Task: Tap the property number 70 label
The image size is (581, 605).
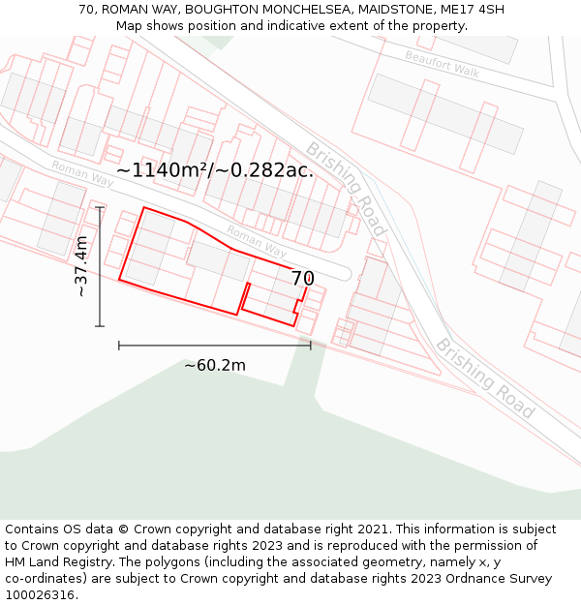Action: point(302,279)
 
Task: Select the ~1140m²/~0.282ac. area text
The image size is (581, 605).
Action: point(215,170)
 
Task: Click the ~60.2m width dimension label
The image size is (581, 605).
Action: point(215,365)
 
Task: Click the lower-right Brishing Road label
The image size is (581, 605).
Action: point(484,378)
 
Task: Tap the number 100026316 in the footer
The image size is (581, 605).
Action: point(42,594)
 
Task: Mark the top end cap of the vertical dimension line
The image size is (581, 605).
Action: point(100,207)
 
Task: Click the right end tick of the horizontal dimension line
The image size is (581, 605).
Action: point(311,345)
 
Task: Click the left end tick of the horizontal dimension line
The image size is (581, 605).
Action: point(119,345)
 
